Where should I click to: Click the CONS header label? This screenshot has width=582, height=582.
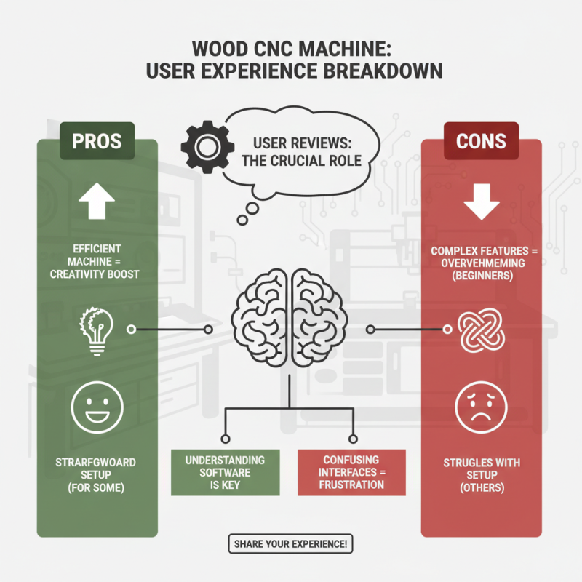pyautogui.click(x=482, y=139)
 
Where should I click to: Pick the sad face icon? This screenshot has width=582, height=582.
pyautogui.click(x=481, y=407)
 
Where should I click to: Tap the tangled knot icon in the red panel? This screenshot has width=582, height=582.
pyautogui.click(x=481, y=330)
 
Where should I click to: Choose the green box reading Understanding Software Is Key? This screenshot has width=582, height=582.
pyautogui.click(x=225, y=473)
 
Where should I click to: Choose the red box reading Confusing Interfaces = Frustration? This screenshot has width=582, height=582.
pyautogui.click(x=351, y=473)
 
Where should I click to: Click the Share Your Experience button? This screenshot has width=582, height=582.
pyautogui.click(x=291, y=543)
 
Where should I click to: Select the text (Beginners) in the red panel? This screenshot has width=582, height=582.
pyautogui.click(x=482, y=277)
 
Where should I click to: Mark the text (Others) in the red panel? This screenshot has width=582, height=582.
pyautogui.click(x=482, y=487)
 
